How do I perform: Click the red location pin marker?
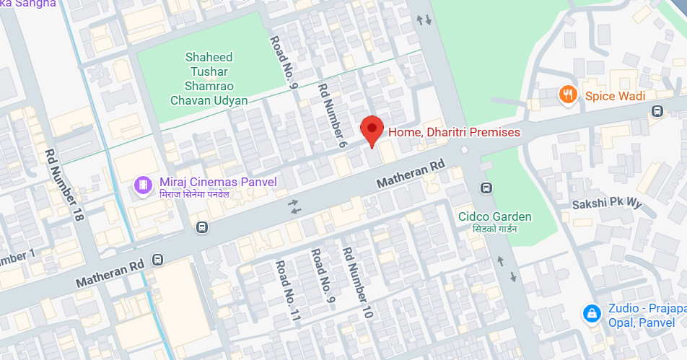372,131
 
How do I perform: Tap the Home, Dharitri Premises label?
454,132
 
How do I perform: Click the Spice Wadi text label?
615,96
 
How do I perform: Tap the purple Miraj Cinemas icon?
144,185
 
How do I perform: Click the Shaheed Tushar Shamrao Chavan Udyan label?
209,79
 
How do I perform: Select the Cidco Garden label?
495,216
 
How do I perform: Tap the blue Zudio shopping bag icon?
592,314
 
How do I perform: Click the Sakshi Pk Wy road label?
606,204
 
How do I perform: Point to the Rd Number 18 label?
63,185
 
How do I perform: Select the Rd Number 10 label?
356,283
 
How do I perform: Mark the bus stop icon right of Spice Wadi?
657,111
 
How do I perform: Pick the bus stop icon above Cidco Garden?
486,188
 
